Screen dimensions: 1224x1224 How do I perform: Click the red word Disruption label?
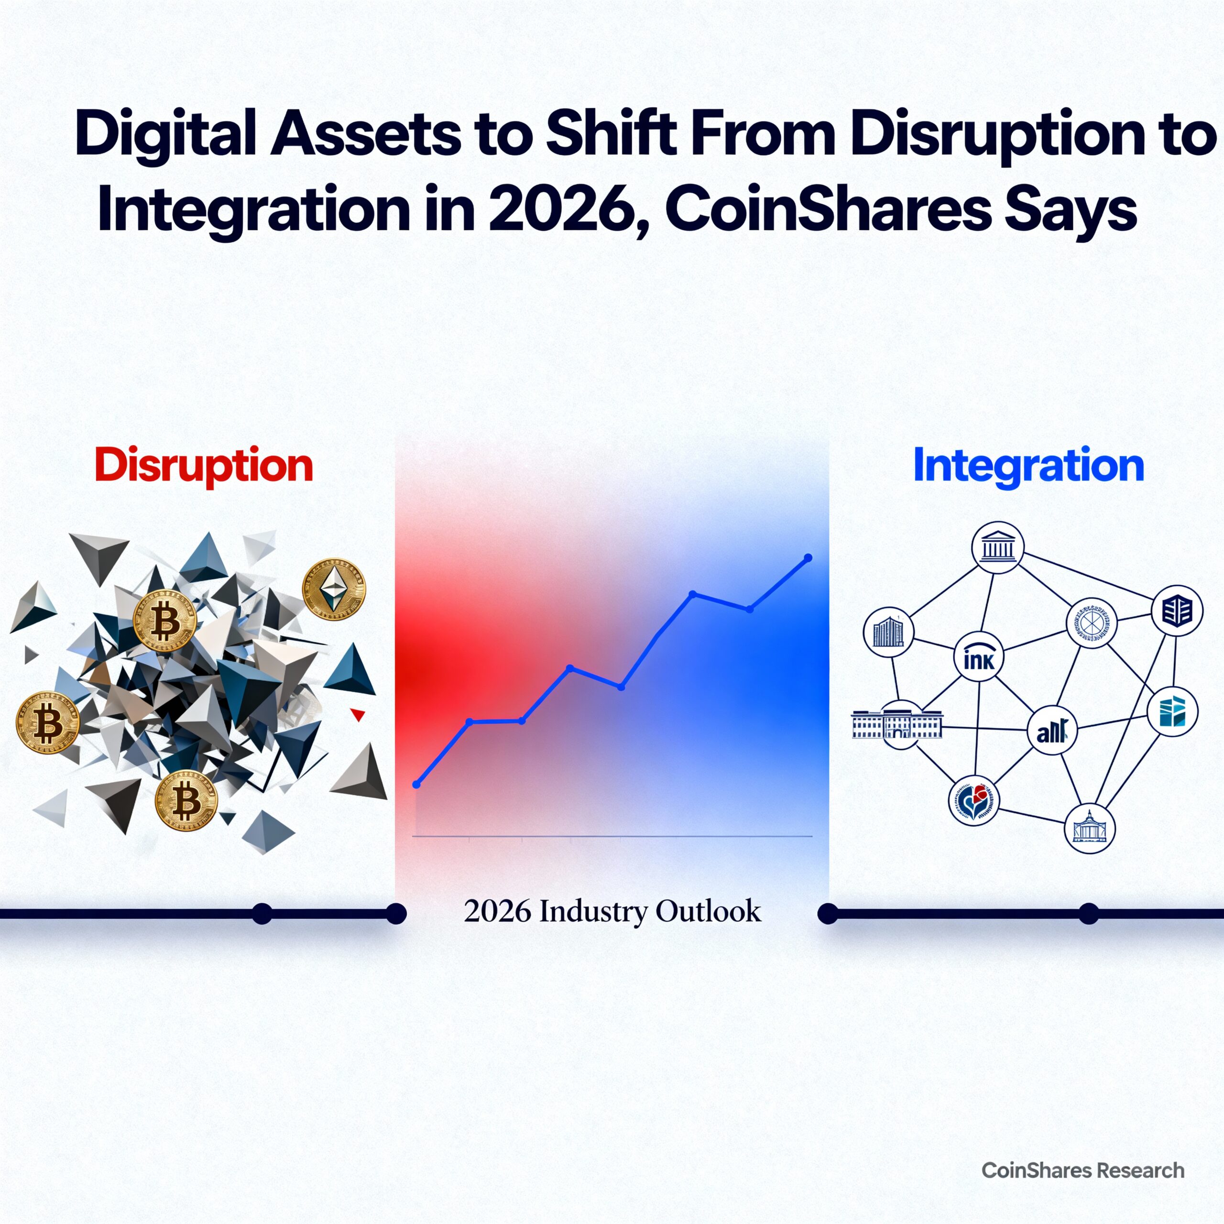click(204, 466)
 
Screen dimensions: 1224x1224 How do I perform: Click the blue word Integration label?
click(1028, 466)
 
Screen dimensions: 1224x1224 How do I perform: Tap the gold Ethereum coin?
click(334, 589)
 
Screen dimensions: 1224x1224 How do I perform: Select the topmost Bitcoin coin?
click(165, 620)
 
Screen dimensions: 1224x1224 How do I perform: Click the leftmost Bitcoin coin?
click(47, 722)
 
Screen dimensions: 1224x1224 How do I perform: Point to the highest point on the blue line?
click(808, 557)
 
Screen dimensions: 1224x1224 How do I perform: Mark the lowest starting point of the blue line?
click(416, 784)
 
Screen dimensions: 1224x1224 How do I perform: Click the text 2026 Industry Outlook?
click(612, 911)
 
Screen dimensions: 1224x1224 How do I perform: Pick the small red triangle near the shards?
click(358, 715)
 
